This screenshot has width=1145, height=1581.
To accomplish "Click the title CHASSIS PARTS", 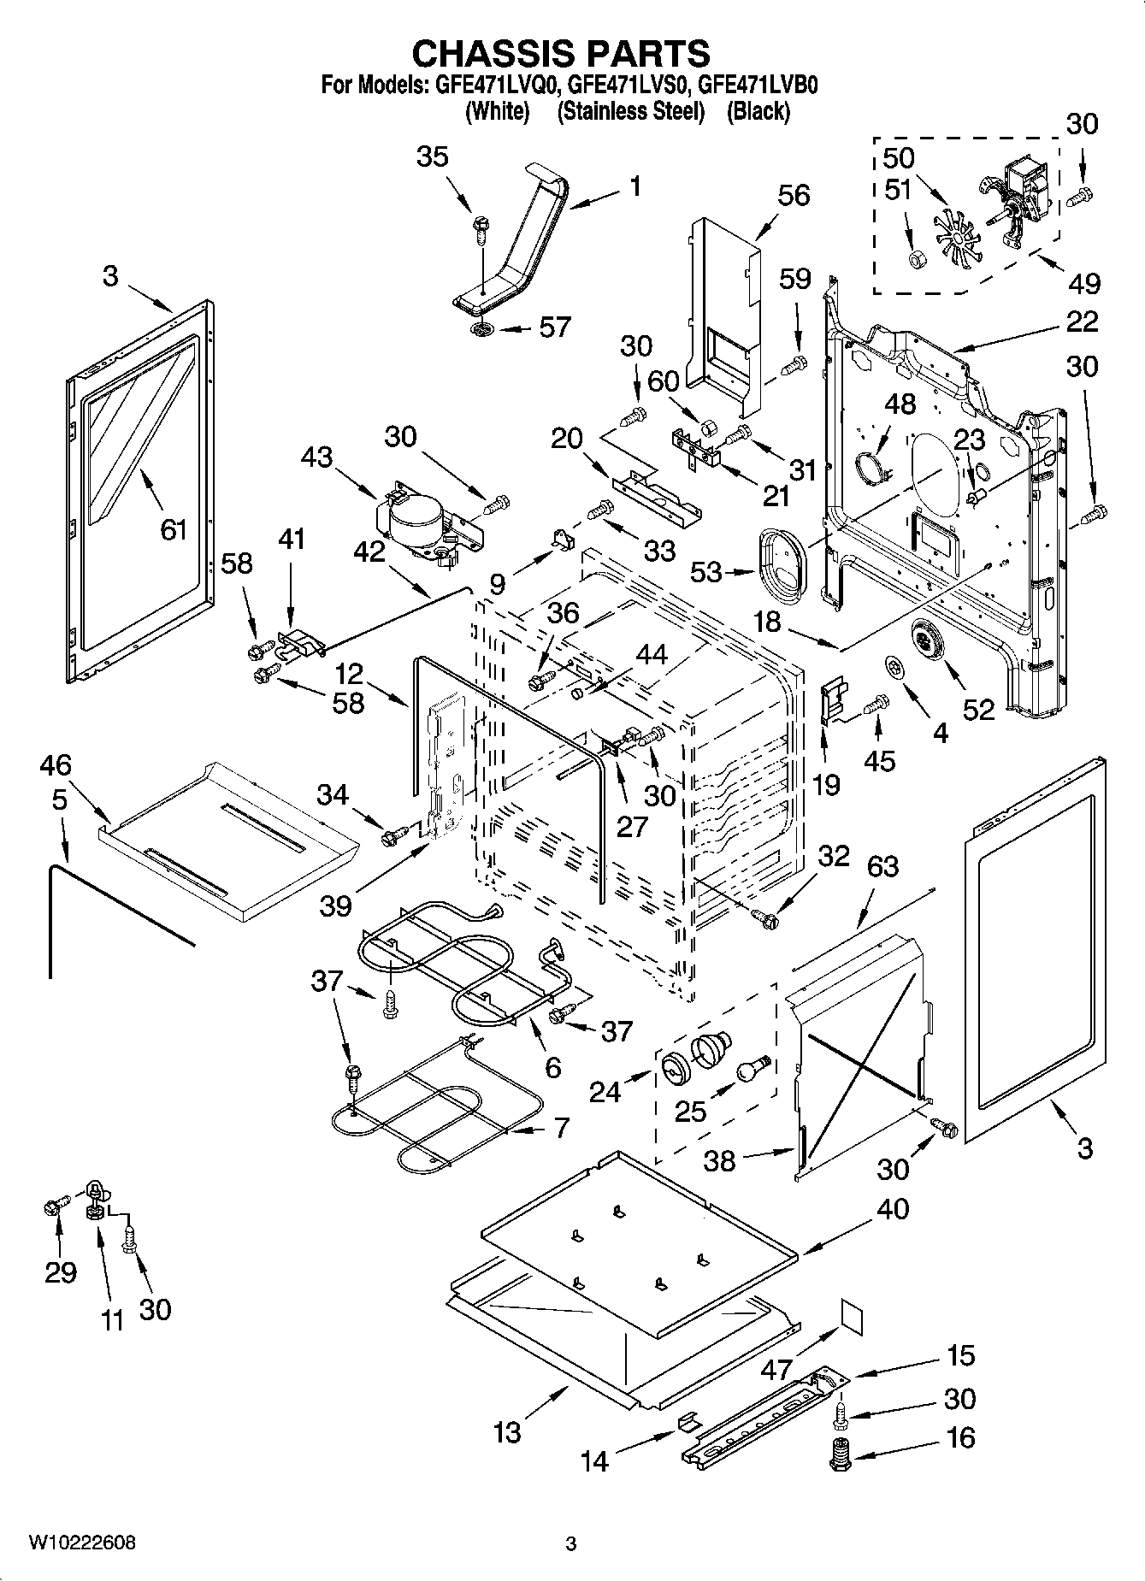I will (x=561, y=53).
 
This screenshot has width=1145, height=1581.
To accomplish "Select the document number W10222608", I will (x=82, y=1543).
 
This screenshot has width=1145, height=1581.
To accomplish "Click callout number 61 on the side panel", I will (x=174, y=530).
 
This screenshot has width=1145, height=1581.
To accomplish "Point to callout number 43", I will (x=317, y=458).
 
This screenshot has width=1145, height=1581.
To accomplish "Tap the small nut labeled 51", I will (x=913, y=258).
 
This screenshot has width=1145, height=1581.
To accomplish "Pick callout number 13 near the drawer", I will (x=507, y=1432).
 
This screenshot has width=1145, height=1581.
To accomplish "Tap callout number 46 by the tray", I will (x=55, y=765).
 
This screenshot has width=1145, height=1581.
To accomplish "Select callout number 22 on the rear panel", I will (x=1082, y=322).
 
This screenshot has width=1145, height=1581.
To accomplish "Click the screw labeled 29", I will (x=52, y=1207).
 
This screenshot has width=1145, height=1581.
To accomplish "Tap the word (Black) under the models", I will (x=758, y=111).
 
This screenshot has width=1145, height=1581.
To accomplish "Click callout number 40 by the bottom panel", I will (x=892, y=1209).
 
